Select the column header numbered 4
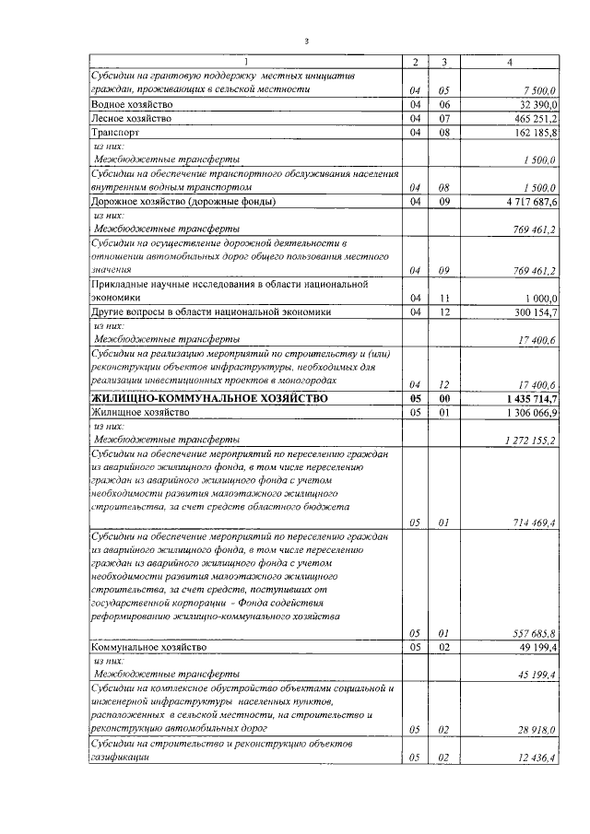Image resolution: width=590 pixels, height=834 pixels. (510, 62)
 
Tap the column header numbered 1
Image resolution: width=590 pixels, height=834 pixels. (245, 62)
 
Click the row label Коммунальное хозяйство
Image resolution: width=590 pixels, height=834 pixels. (147, 648)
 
